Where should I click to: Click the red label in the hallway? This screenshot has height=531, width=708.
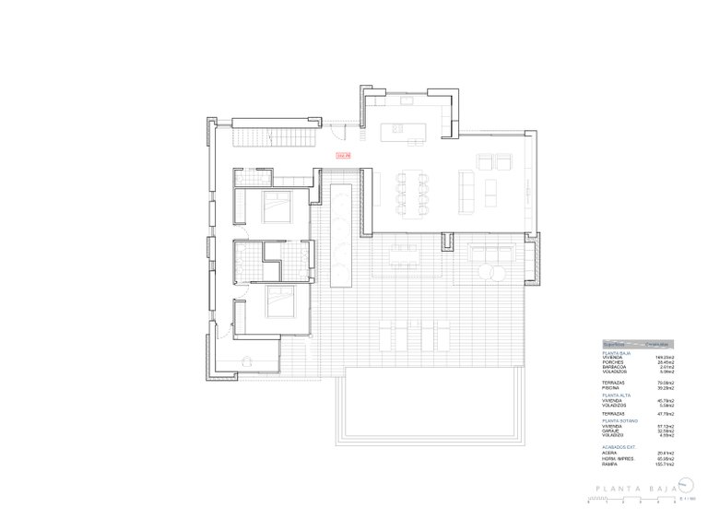[x=343, y=155]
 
